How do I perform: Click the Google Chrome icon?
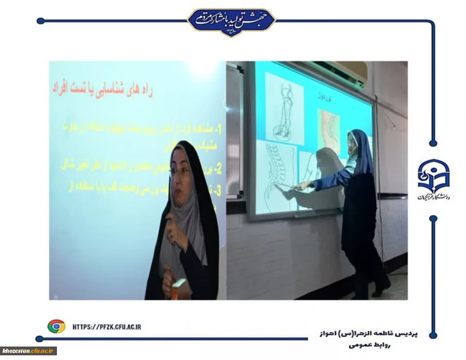coord(56,326)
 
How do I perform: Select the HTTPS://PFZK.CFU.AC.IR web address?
coord(107,326)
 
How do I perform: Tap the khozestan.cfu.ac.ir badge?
coord(28,351)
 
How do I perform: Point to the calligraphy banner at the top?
coord(231,21)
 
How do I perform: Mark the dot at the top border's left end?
coord(40,21)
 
